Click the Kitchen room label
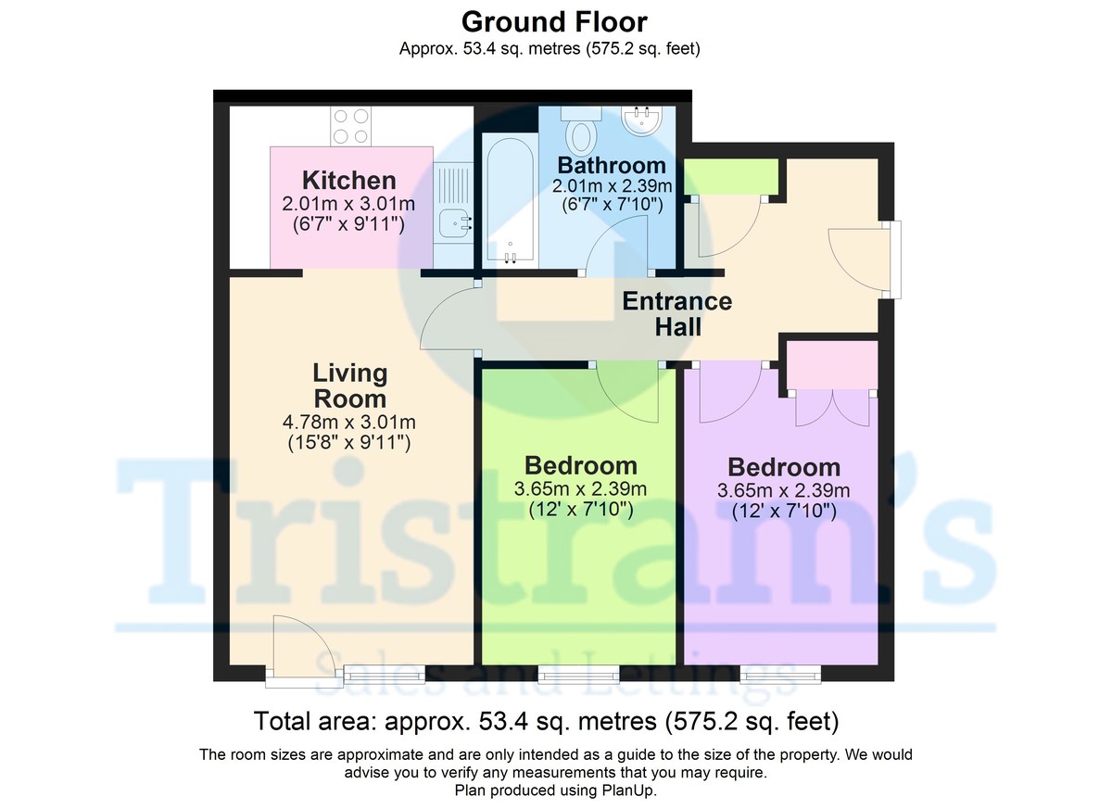click(349, 180)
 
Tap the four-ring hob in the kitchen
click(351, 127)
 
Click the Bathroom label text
click(611, 166)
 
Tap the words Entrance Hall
click(676, 314)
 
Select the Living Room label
click(349, 386)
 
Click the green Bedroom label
click(581, 465)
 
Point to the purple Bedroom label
click(784, 466)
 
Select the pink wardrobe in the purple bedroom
click(831, 365)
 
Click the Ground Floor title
click(554, 20)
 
